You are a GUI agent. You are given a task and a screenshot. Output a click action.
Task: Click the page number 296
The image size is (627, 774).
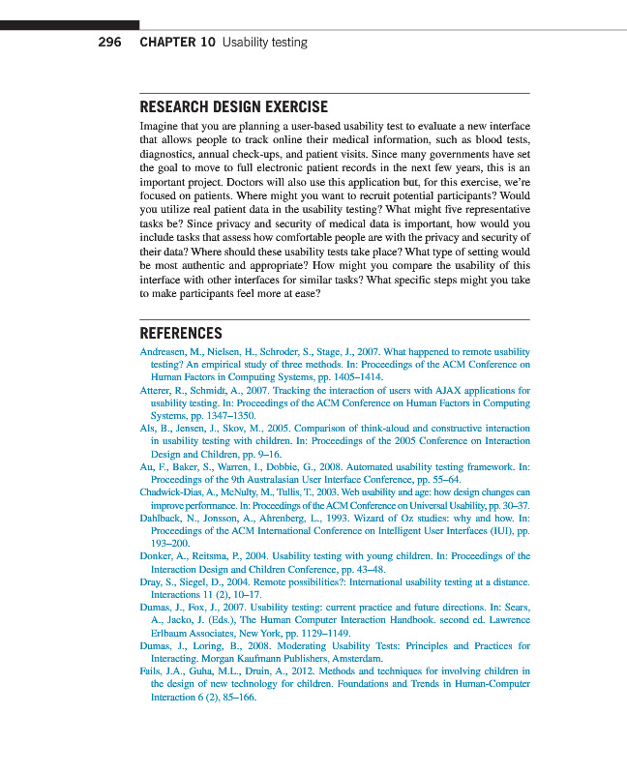point(109,43)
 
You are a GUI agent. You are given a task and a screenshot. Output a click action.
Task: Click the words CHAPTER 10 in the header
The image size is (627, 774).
point(177,43)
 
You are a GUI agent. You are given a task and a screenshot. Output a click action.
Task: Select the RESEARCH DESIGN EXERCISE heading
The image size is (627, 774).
point(233,107)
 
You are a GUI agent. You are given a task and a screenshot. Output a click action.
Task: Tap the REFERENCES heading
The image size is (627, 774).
point(181,333)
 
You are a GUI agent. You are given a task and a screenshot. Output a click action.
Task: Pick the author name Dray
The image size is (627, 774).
point(153,581)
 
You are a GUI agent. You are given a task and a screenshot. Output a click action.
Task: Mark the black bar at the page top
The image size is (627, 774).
point(70,24)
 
